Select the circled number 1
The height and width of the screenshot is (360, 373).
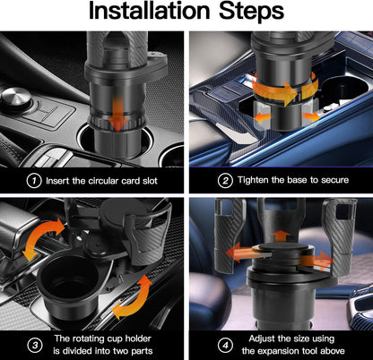pyautogui.click(x=33, y=180)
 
